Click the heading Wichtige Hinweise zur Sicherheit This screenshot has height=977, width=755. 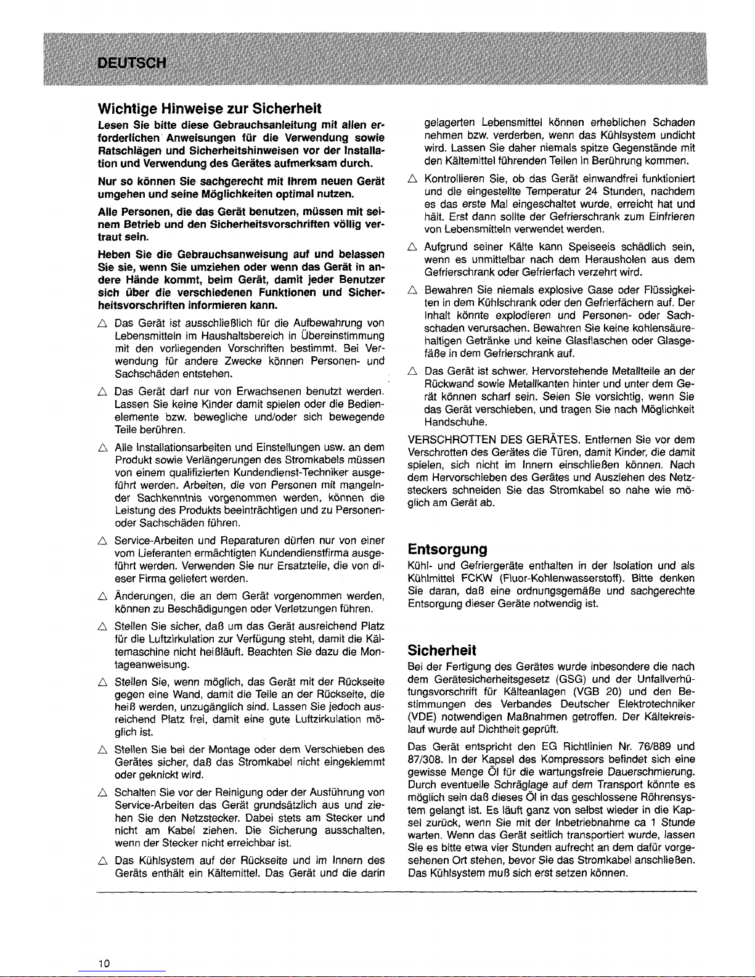point(210,109)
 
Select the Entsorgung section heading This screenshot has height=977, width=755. point(447,549)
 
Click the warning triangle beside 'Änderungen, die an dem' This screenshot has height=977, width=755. point(103,596)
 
